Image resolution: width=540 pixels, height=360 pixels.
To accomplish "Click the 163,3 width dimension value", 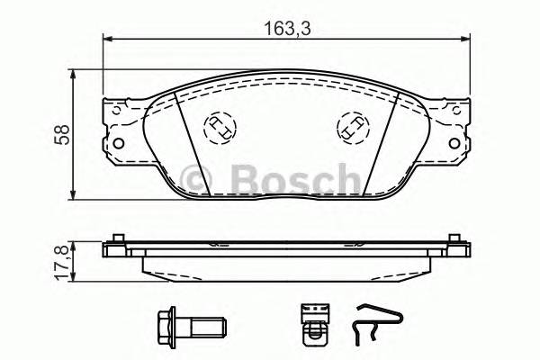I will [x=281, y=28].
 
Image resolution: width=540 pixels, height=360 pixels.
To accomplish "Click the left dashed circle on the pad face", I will [x=219, y=129].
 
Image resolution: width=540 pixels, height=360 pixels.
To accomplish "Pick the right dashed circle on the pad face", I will [x=351, y=128].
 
